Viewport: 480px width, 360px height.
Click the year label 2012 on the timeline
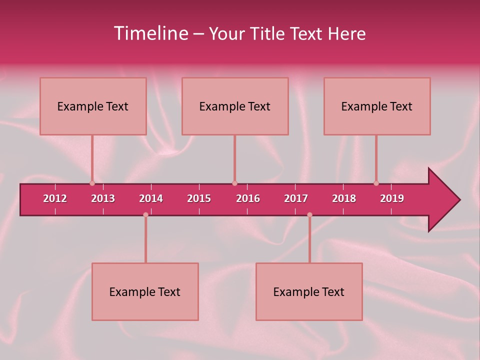[x=55, y=198]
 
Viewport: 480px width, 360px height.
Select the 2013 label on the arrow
[x=103, y=198]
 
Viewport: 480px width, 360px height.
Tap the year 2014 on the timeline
[x=151, y=198]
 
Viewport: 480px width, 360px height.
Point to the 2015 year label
[x=199, y=198]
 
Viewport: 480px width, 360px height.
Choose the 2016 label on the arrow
[x=248, y=198]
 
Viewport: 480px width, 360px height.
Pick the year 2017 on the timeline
[x=296, y=198]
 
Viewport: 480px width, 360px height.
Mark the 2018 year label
[x=344, y=198]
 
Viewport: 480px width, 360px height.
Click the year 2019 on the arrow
[x=392, y=198]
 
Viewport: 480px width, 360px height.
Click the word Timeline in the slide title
[x=150, y=33]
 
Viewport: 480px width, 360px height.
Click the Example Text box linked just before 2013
[x=93, y=106]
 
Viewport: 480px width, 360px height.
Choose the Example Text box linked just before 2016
[x=235, y=106]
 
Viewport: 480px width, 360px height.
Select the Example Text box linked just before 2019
[x=377, y=106]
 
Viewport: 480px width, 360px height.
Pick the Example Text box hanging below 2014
[x=145, y=291]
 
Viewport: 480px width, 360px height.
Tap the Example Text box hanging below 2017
[x=309, y=291]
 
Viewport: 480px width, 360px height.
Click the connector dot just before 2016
[x=234, y=183]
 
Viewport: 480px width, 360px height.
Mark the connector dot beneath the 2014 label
[x=145, y=214]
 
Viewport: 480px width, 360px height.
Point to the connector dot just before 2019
[x=376, y=183]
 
